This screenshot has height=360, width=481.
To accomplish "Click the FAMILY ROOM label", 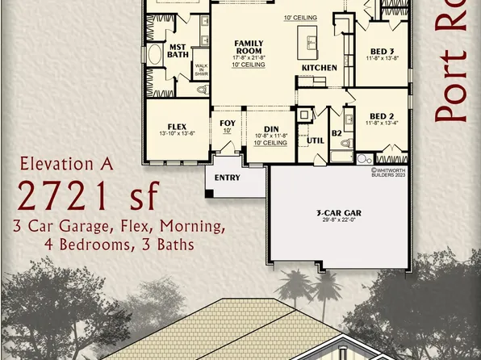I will click(249, 45).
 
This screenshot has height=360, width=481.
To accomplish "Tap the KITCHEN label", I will click(319, 69).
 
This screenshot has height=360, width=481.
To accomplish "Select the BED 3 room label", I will click(374, 50).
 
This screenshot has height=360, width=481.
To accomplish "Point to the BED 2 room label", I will click(374, 115).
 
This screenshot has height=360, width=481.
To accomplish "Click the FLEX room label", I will click(178, 128).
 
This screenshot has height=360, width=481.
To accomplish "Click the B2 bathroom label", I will click(337, 134).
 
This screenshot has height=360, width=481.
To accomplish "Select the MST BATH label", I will click(178, 50).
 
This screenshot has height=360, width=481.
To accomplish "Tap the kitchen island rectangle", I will click(310, 38).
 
